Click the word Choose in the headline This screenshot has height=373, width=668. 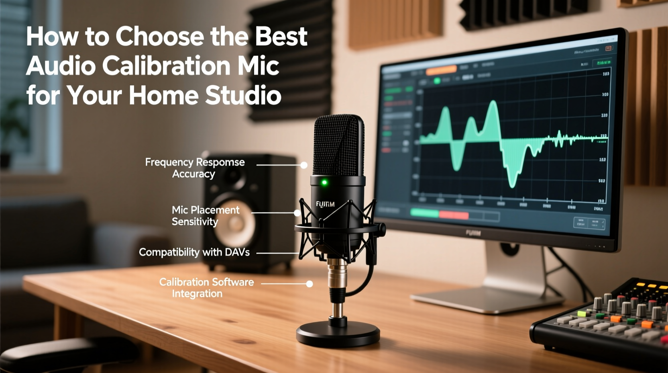point(160,37)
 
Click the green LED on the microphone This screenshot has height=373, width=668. point(324,183)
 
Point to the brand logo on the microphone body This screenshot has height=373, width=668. point(325,204)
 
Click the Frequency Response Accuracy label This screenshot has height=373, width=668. point(195,168)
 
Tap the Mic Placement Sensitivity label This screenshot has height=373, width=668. point(205,215)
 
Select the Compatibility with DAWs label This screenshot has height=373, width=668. point(194,252)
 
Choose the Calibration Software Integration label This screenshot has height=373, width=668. point(206,287)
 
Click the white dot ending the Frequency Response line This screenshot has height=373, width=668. point(304,165)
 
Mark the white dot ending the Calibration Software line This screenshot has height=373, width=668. point(310,284)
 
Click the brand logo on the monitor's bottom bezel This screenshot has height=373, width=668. point(473,233)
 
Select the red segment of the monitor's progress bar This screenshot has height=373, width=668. point(454,215)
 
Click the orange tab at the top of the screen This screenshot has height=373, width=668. point(441,70)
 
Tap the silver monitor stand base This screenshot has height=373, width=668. point(486,299)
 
